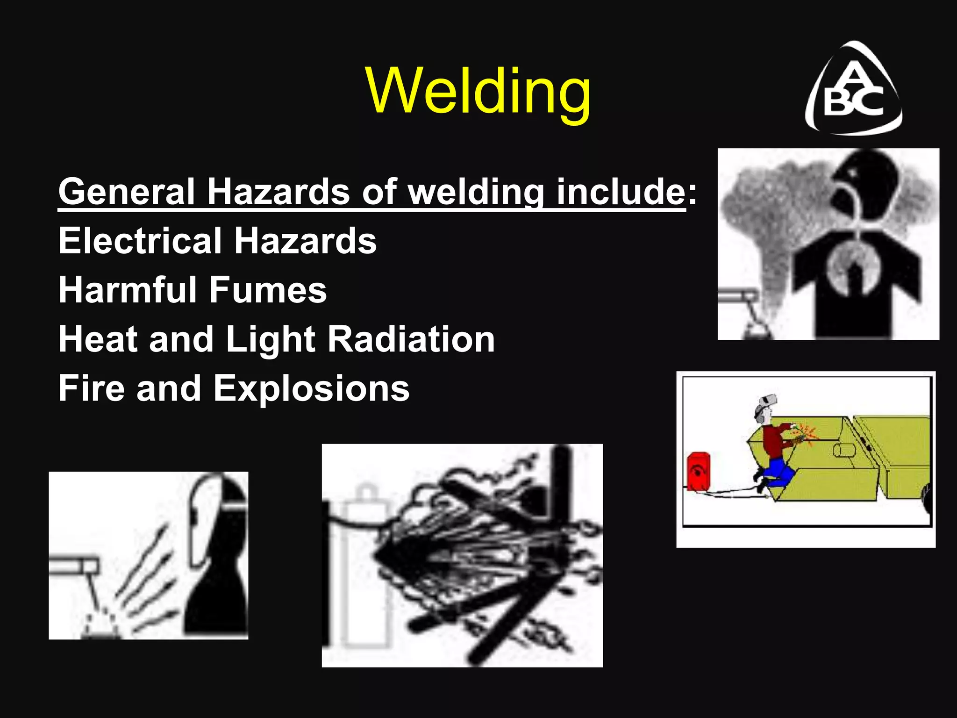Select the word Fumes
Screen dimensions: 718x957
tap(268, 290)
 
